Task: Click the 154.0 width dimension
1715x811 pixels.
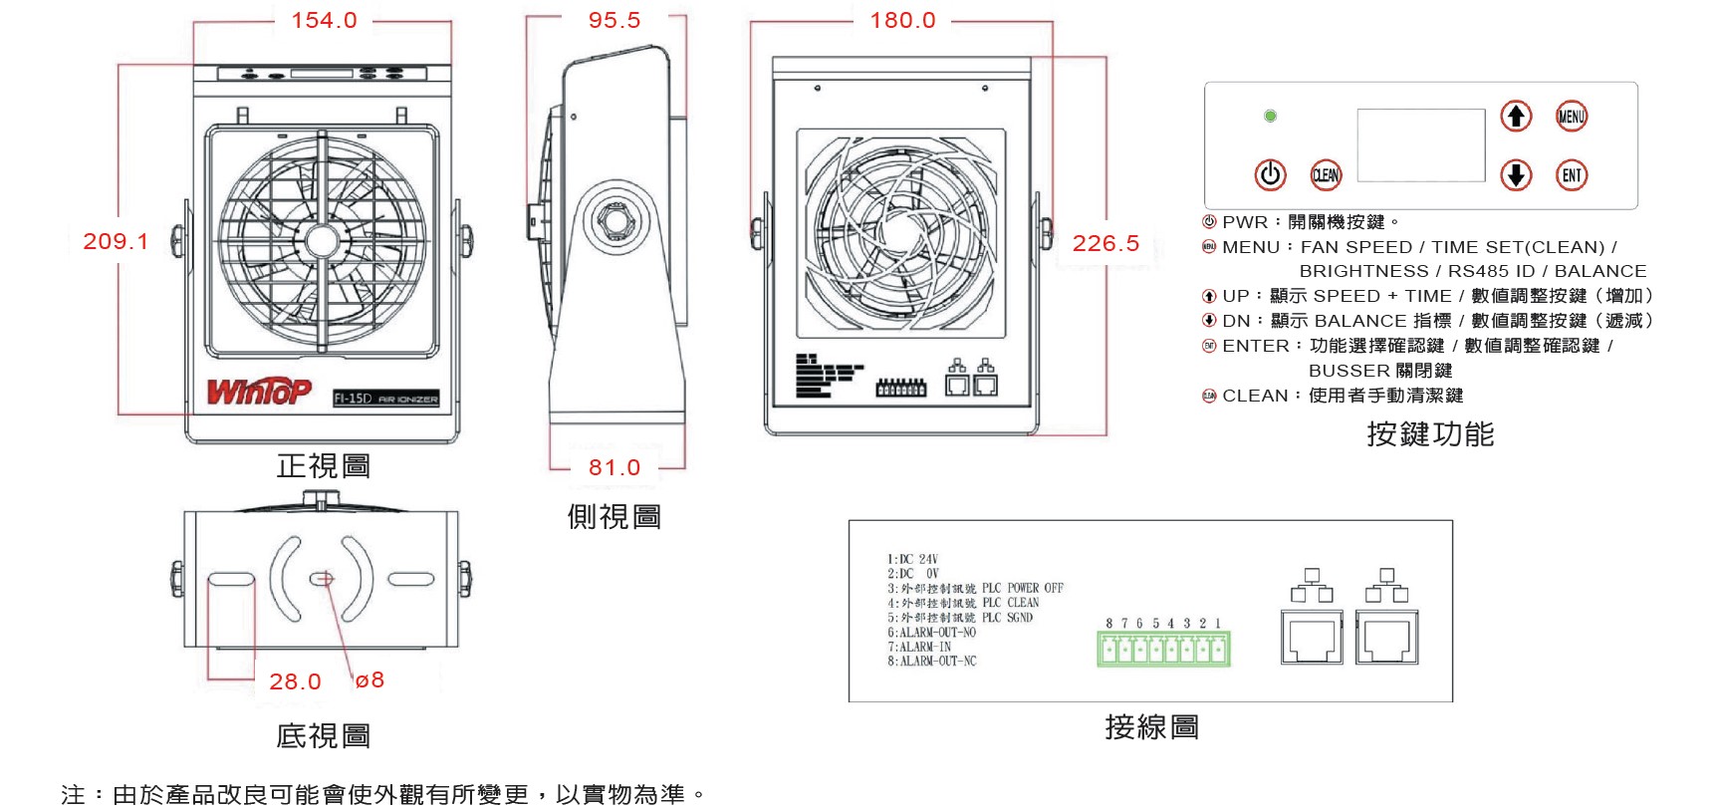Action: (324, 20)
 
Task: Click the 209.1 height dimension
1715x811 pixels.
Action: (116, 241)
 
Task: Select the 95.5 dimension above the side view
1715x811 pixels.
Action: (613, 20)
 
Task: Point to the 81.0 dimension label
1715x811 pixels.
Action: (613, 467)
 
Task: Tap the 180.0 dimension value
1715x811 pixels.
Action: (902, 20)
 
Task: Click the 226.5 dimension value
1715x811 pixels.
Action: (1105, 243)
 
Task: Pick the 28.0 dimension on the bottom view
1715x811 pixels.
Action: (295, 681)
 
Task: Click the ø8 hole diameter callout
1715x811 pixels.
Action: (369, 679)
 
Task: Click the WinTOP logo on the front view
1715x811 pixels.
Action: (259, 392)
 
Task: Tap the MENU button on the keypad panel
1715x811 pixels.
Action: (1571, 117)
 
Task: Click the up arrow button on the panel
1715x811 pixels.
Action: (1516, 117)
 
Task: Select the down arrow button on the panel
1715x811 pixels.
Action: (1516, 175)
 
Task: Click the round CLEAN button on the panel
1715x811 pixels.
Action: (1326, 175)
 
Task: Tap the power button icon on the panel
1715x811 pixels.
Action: (1270, 175)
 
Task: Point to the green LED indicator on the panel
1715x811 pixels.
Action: (1270, 117)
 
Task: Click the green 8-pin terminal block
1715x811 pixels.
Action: (1163, 650)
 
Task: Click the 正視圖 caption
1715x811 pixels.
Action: (324, 465)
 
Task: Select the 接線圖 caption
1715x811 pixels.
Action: (1151, 727)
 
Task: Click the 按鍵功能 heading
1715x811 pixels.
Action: (1429, 434)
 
